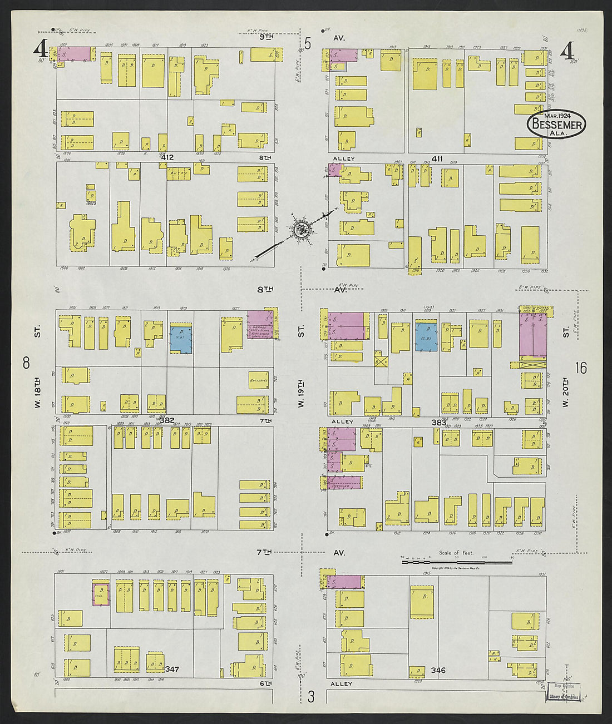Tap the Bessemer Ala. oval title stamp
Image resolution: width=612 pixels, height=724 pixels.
pyautogui.click(x=556, y=123)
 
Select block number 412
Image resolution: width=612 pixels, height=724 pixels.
pyautogui.click(x=167, y=158)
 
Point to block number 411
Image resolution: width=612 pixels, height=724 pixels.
pyautogui.click(x=437, y=159)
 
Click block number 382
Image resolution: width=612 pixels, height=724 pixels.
pyautogui.click(x=167, y=420)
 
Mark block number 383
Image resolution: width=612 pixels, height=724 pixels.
pyautogui.click(x=438, y=423)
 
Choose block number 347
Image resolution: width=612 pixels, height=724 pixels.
pyautogui.click(x=172, y=669)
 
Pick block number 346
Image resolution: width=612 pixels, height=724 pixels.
pyautogui.click(x=438, y=670)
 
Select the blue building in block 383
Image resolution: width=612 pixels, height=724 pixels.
pyautogui.click(x=427, y=337)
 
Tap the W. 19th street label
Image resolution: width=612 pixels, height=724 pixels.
pyautogui.click(x=301, y=393)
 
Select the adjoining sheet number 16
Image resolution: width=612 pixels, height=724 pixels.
pyautogui.click(x=581, y=368)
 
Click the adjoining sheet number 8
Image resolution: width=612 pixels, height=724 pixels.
pyautogui.click(x=26, y=363)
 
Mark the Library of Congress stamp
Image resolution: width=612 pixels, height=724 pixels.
pyautogui.click(x=563, y=692)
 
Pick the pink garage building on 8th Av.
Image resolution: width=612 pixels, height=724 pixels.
pyautogui.click(x=260, y=325)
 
